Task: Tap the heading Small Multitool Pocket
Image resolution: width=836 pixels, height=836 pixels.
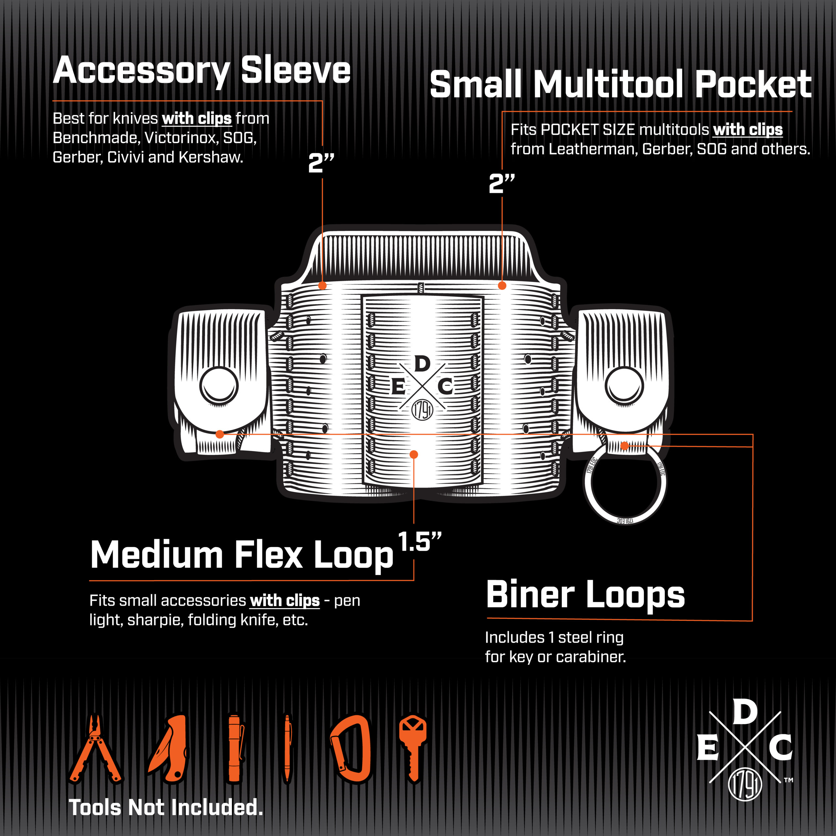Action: pyautogui.click(x=620, y=84)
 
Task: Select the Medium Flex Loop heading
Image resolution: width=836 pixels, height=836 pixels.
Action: pyautogui.click(x=241, y=555)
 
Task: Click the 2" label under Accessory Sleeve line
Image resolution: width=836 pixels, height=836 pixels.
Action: pyautogui.click(x=321, y=163)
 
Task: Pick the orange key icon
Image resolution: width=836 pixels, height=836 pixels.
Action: pyautogui.click(x=413, y=748)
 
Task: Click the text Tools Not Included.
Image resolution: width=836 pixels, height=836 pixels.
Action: pyautogui.click(x=166, y=808)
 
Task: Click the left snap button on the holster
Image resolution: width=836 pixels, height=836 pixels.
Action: pyautogui.click(x=219, y=386)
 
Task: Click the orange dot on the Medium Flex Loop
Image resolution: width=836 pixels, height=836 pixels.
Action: pyautogui.click(x=414, y=454)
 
